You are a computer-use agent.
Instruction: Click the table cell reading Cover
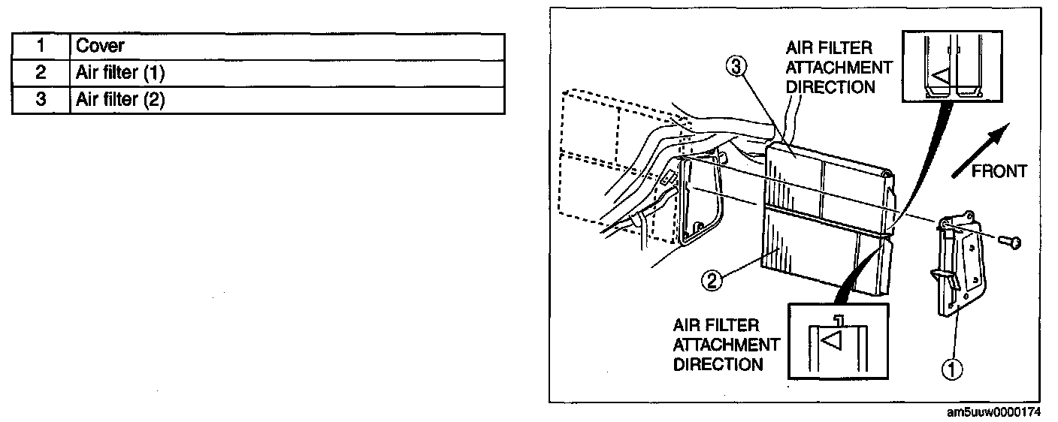click(x=286, y=46)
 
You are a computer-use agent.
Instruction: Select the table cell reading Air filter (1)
click(x=286, y=73)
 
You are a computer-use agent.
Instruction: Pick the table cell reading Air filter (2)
click(x=286, y=100)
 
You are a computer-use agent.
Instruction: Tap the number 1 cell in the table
click(x=41, y=46)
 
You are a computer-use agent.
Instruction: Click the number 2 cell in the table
click(x=41, y=73)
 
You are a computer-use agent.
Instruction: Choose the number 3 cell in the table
click(x=41, y=100)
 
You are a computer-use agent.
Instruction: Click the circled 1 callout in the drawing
click(x=951, y=368)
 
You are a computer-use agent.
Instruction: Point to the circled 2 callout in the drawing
click(x=712, y=281)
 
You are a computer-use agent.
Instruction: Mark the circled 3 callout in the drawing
click(x=735, y=66)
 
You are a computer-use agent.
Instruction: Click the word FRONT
click(x=999, y=172)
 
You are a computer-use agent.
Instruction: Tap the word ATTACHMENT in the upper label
click(x=839, y=68)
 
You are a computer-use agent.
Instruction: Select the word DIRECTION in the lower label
click(x=718, y=364)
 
